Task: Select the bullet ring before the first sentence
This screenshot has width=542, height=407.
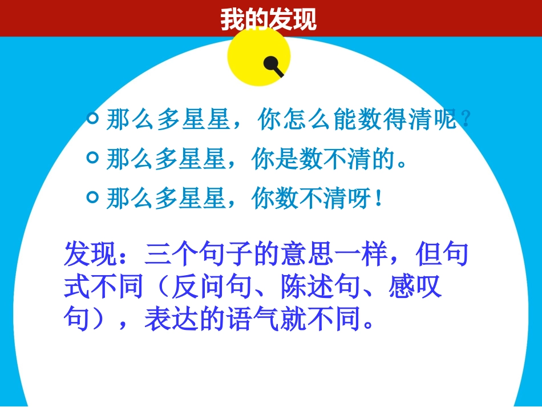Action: (x=92, y=119)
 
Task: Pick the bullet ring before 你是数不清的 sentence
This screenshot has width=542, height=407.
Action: (x=92, y=158)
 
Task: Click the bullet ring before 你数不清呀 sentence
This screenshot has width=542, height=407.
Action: (x=92, y=197)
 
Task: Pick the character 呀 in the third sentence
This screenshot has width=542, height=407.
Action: (x=361, y=199)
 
